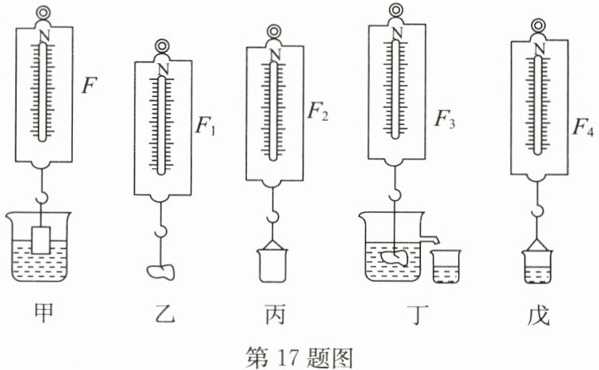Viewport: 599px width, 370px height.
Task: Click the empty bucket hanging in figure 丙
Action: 274,265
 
